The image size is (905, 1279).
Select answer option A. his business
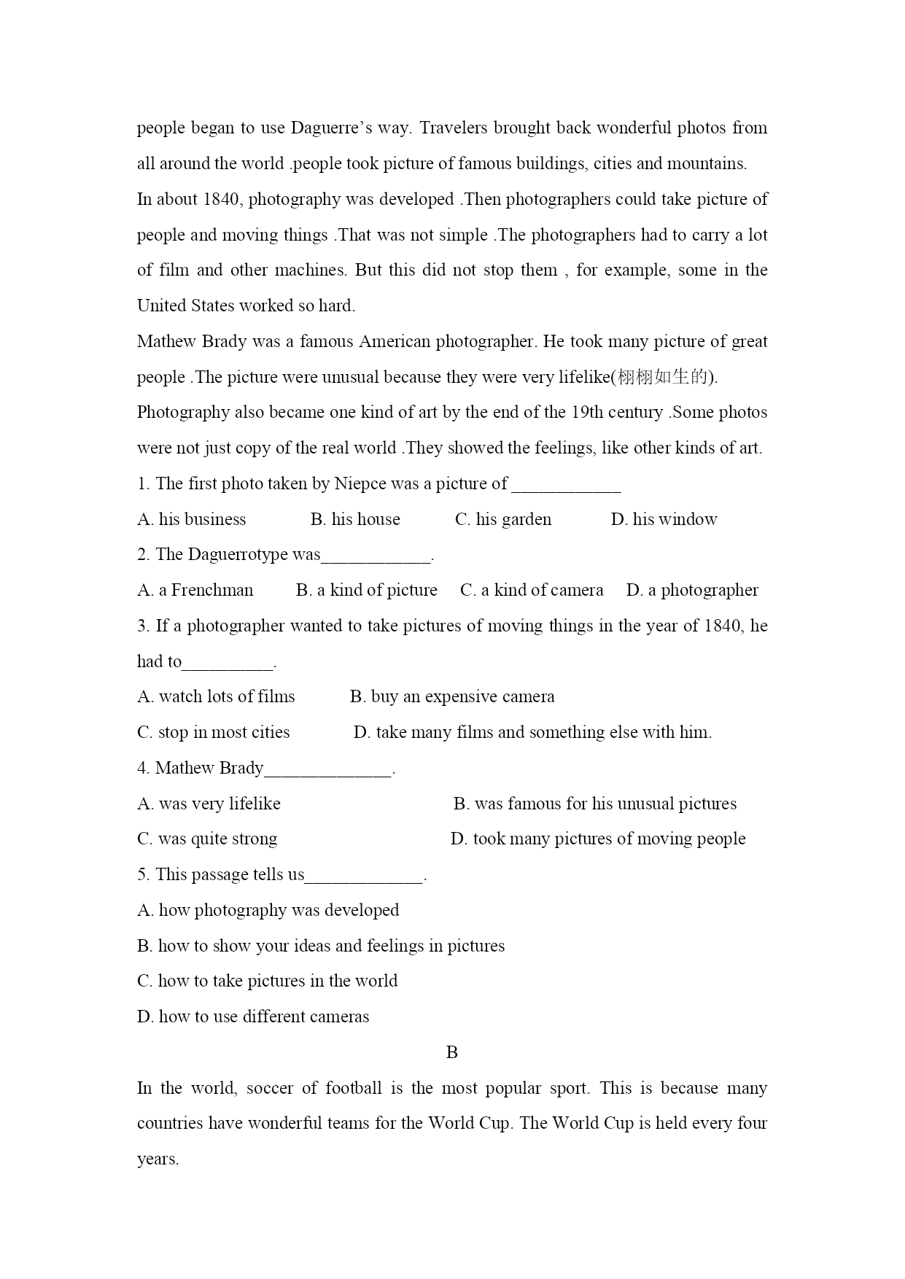(x=192, y=519)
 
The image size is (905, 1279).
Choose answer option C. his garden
(x=503, y=519)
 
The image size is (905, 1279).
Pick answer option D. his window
(x=664, y=519)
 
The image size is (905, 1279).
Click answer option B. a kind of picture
(x=366, y=590)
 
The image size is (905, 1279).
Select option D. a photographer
(x=692, y=590)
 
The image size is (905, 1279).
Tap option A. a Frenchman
(x=195, y=590)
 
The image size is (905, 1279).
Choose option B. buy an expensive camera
(x=452, y=696)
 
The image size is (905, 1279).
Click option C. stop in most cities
(x=214, y=732)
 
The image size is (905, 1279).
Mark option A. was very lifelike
(x=209, y=804)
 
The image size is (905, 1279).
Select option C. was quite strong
(x=207, y=839)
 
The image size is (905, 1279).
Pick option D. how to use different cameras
(x=253, y=1016)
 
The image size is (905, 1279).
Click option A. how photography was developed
(x=268, y=910)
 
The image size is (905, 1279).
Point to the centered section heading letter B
(x=452, y=1052)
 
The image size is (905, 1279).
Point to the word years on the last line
(x=158, y=1159)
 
